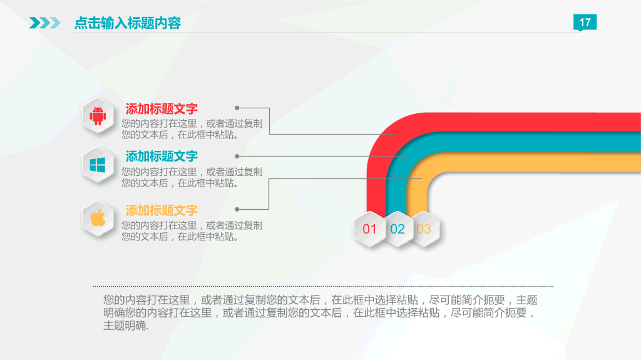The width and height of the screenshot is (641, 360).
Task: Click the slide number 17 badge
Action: point(585,23)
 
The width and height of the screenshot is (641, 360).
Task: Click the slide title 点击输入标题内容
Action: point(128,23)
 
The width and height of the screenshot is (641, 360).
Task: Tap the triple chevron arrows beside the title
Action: point(45,23)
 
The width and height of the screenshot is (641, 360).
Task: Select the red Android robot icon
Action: point(97,116)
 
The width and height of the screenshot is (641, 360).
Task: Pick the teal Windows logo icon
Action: point(97,165)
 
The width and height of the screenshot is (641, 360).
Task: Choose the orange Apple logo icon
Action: point(97,219)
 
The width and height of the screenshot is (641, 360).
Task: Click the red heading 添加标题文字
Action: point(162,108)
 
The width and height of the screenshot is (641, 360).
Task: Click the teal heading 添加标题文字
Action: point(162,156)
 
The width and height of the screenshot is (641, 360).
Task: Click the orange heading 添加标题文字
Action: point(162,210)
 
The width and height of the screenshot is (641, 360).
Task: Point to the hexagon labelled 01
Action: point(370,229)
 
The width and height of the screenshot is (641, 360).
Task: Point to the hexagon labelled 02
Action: point(397,229)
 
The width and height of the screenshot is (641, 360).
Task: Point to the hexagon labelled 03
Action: point(424,229)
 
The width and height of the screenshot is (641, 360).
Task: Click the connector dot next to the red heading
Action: point(237,108)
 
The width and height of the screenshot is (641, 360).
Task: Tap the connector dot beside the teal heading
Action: point(237,156)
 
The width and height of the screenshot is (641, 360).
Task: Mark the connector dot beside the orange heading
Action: point(237,209)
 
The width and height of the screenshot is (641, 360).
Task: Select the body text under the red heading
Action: point(192,128)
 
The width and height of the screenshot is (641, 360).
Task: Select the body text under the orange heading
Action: point(192,231)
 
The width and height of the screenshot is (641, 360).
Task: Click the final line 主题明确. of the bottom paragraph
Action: point(126,326)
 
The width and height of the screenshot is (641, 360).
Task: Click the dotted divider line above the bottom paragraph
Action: point(322,285)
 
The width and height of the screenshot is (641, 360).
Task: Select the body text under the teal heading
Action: point(192,177)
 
